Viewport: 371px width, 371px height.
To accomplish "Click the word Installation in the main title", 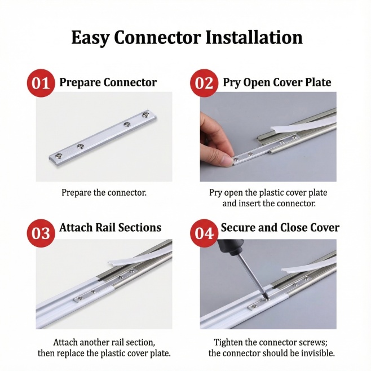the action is tap(254, 38).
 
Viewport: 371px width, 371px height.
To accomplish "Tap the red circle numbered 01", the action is tap(41, 83).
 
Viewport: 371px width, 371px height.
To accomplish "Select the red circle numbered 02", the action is tap(204, 83).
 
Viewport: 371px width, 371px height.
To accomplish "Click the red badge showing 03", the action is tap(41, 233).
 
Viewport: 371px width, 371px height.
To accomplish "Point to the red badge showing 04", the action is tap(204, 233).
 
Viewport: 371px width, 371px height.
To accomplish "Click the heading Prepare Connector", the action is tap(108, 83).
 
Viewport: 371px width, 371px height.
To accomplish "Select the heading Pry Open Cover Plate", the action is tap(277, 83).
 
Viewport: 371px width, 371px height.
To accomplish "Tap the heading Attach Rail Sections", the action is tap(111, 228).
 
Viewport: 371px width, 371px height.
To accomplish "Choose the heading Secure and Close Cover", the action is tap(280, 228).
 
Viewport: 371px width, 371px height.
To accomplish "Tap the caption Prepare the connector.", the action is tap(104, 193).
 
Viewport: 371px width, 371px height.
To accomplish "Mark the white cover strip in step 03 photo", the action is tap(140, 258).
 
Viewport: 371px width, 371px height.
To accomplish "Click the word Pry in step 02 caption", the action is tap(215, 193).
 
